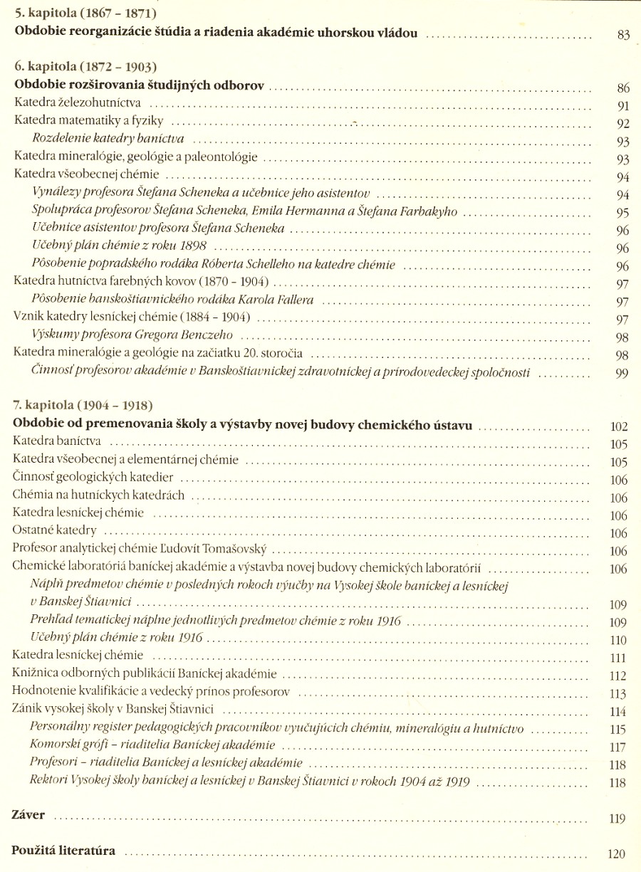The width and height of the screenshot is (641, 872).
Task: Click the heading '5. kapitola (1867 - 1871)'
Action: tap(85, 14)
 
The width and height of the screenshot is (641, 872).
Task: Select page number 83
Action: tap(624, 35)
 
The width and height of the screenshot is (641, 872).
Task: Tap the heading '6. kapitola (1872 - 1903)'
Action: tap(85, 68)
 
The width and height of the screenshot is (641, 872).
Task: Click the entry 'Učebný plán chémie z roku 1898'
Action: tap(120, 247)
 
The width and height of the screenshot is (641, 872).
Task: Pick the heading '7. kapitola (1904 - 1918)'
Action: tap(83, 406)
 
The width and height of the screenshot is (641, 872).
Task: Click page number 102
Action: tap(619, 427)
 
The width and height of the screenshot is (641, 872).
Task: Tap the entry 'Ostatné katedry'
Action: tap(55, 531)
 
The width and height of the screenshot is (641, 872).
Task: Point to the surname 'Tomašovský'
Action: tap(233, 549)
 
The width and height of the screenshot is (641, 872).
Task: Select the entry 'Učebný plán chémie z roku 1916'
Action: tap(117, 638)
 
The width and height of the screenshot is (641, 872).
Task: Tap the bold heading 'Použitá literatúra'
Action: tap(63, 851)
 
